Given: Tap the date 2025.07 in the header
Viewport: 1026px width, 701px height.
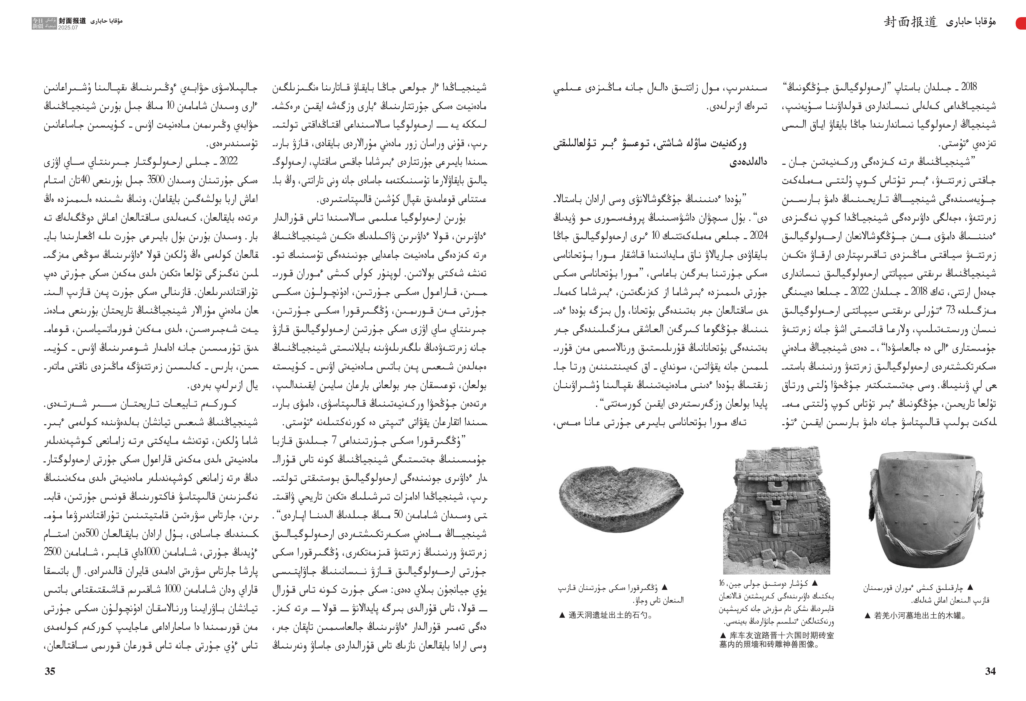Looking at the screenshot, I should pos(68,27).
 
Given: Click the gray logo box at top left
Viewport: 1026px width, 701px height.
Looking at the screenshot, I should pos(44,23).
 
